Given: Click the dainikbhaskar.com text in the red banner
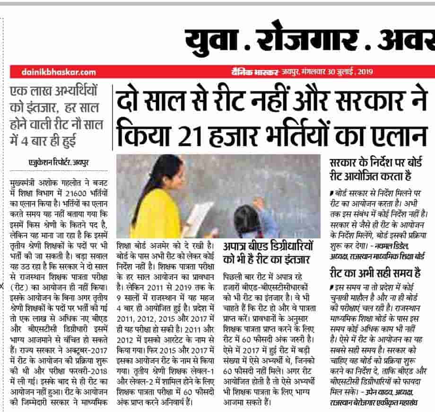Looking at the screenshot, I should point(59,72).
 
